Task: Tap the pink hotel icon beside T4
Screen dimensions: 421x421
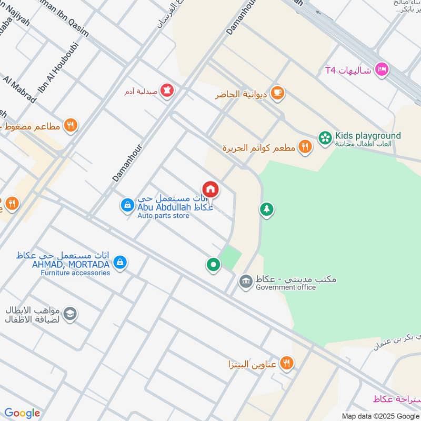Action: [x=382, y=69]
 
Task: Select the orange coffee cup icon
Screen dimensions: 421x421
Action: [x=277, y=94]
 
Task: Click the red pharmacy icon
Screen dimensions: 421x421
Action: [x=167, y=90]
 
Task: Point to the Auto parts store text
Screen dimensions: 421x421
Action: [x=163, y=216]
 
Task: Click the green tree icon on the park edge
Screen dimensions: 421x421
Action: [x=266, y=209]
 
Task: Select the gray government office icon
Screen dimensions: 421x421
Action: [x=245, y=281]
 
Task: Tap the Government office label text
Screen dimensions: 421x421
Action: [x=286, y=287]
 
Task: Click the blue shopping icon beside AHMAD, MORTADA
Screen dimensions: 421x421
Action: [x=120, y=262]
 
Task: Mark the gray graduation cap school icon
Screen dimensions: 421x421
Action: [x=69, y=315]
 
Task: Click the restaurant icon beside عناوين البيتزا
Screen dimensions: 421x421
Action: [x=287, y=362]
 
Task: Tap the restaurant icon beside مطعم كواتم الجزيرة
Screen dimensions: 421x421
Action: [x=305, y=147]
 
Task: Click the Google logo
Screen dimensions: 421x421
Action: [x=22, y=413]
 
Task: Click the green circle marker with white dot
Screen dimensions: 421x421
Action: [x=213, y=265]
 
